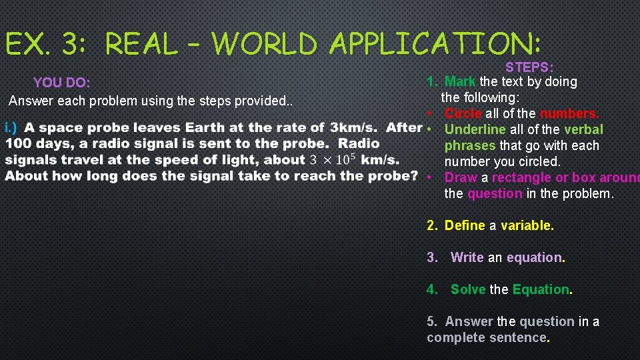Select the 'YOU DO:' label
tap(61, 83)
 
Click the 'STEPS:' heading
tap(529, 67)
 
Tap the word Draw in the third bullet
tap(460, 177)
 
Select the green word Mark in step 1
tap(460, 81)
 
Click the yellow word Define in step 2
tap(465, 225)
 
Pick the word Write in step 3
tap(467, 257)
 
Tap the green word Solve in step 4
tap(468, 289)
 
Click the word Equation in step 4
tap(541, 289)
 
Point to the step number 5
tap(431, 321)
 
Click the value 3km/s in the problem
tap(353, 127)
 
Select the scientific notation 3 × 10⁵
tap(331, 159)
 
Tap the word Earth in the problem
tap(204, 127)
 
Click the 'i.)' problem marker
tap(11, 127)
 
